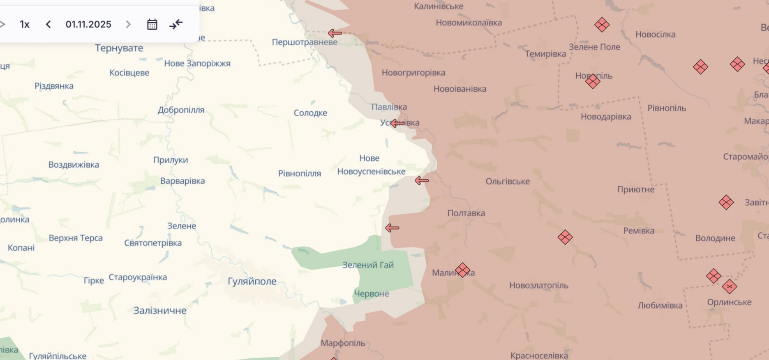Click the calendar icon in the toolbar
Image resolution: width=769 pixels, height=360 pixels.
tap(152, 24)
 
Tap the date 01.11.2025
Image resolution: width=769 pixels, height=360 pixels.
tap(88, 24)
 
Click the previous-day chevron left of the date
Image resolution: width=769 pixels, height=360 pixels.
tap(48, 24)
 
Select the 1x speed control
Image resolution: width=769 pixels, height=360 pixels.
tap(25, 24)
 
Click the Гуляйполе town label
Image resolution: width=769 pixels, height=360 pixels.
tap(252, 282)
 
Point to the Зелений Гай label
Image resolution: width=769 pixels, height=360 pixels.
tap(368, 265)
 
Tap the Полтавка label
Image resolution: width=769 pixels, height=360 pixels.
tap(466, 213)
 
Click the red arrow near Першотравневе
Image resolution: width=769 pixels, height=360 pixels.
tap(335, 33)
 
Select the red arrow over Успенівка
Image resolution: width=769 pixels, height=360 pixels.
tap(397, 123)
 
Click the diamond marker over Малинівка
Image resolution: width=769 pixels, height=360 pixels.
tap(462, 270)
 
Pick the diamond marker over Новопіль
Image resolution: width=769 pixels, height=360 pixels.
tap(593, 81)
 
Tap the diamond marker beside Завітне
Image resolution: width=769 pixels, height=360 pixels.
tap(726, 202)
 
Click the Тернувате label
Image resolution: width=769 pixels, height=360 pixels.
tap(119, 48)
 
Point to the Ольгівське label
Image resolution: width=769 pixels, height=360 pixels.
tap(508, 181)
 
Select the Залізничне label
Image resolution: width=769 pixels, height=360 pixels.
tap(160, 311)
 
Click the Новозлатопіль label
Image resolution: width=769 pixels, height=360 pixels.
tap(539, 285)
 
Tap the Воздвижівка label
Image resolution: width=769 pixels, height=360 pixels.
tap(74, 165)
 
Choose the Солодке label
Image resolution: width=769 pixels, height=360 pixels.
tap(310, 113)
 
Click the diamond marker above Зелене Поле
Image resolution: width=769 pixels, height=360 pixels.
tap(602, 25)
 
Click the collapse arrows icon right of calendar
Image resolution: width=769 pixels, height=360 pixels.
tap(176, 24)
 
